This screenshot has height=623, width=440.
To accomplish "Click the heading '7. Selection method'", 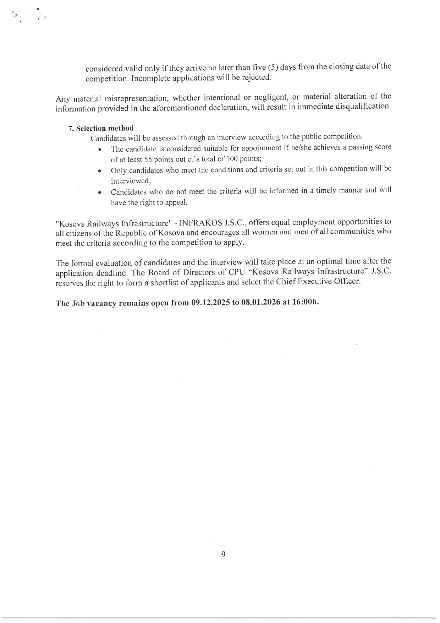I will [101, 128].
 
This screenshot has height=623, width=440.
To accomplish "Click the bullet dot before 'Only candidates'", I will [101, 171].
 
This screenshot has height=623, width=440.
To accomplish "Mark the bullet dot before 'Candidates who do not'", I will [101, 193].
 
